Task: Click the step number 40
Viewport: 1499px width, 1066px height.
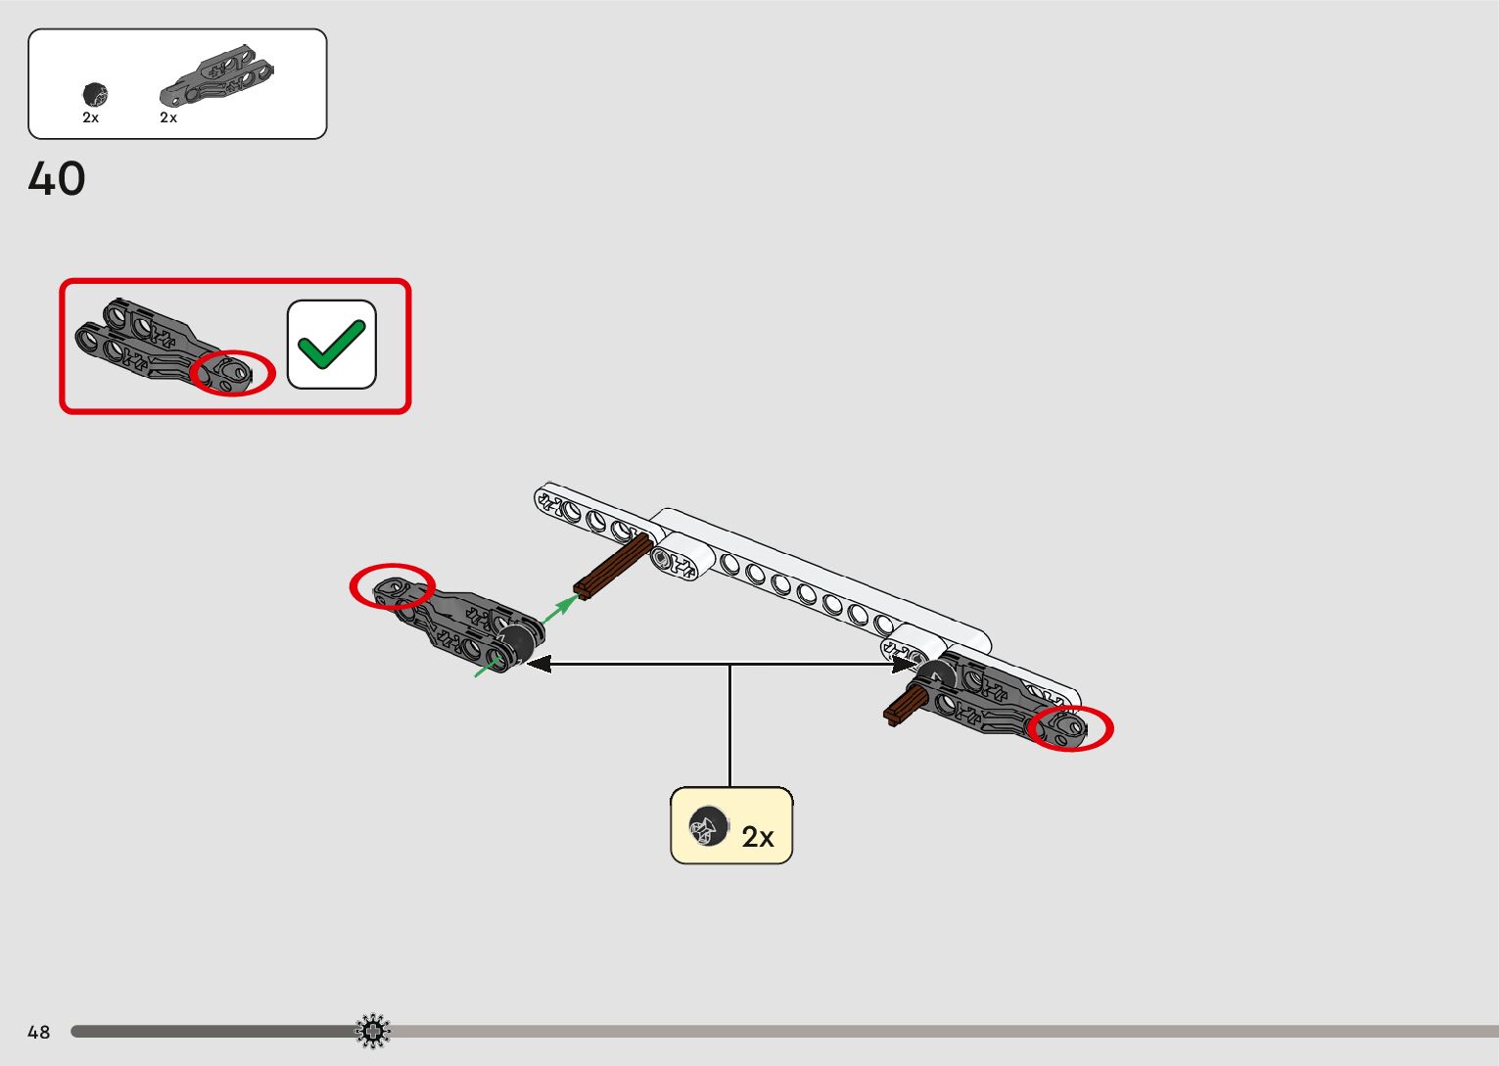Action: pos(57,179)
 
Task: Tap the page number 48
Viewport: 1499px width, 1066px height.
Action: pos(38,1032)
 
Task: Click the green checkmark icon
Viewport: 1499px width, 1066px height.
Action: pos(331,345)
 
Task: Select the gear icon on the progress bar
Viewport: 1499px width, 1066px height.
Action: pos(372,1031)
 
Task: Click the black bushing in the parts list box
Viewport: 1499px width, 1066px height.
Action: pos(95,94)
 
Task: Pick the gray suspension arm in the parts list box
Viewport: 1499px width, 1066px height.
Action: pos(216,75)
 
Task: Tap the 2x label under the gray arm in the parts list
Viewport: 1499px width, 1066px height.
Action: pos(168,117)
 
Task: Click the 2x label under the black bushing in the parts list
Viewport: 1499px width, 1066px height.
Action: pos(90,117)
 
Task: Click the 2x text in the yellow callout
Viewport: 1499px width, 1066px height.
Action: pos(758,837)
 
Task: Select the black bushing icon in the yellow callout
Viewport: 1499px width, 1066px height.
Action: pos(707,827)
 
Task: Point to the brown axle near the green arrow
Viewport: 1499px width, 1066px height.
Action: pos(614,567)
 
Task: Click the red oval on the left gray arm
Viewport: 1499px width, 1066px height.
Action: pos(392,586)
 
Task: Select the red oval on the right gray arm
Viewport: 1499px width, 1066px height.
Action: pos(1070,728)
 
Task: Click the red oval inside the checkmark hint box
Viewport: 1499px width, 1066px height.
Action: pos(232,373)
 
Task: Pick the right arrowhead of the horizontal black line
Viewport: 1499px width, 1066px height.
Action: pos(905,665)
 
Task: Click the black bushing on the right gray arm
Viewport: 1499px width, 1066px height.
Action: pos(938,674)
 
